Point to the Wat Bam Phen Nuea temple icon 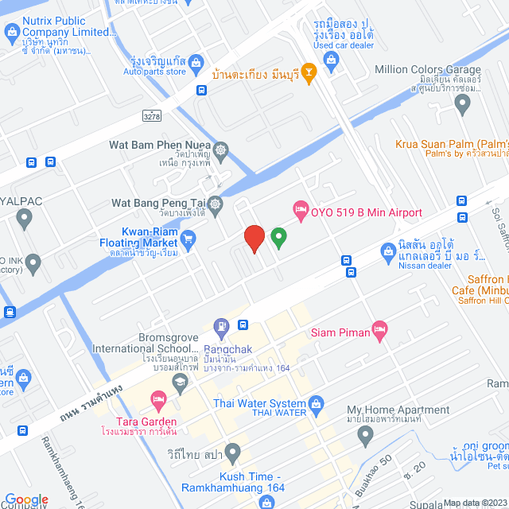(220, 148)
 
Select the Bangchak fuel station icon (221, 325)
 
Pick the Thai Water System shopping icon (317, 404)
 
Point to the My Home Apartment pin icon (365, 434)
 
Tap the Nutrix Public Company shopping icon (12, 33)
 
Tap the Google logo (27, 499)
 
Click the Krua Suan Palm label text (452, 145)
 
